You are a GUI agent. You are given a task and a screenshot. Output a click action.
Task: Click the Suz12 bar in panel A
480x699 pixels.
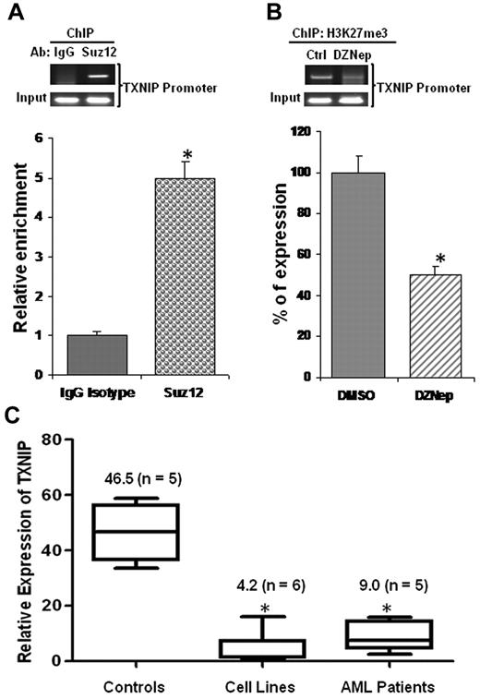click(x=184, y=276)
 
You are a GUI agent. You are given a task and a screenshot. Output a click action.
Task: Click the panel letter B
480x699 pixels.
click(x=268, y=13)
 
